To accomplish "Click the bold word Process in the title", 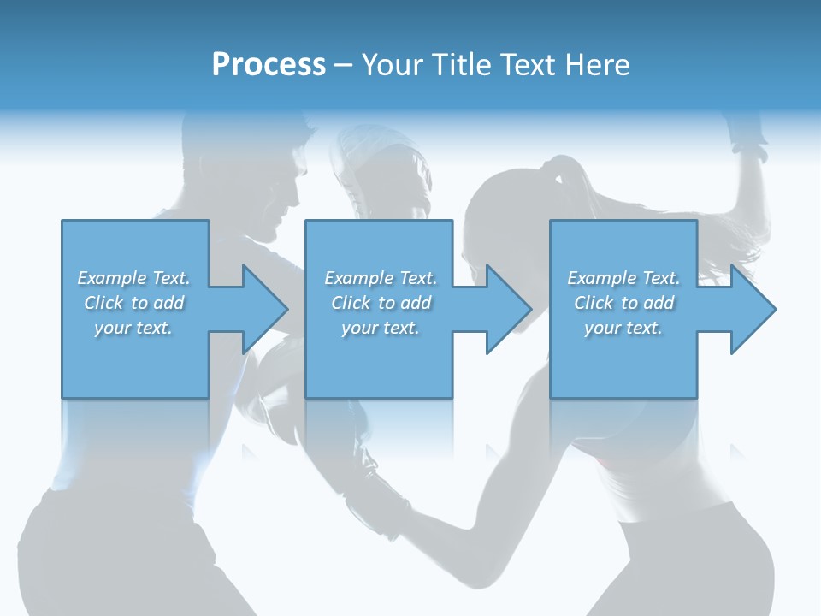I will click(269, 65).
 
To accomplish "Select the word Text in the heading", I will click(529, 65).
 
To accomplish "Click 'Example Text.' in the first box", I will click(133, 278).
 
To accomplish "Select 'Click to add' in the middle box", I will click(381, 303).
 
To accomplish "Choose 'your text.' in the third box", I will click(623, 329).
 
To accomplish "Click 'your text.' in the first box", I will click(133, 329).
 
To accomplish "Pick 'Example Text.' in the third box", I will click(623, 278).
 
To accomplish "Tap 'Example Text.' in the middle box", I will click(381, 278).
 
